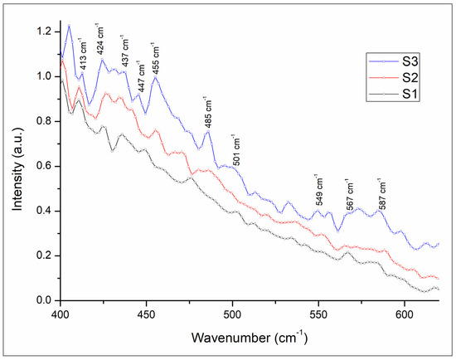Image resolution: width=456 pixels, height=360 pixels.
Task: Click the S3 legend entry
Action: (x=394, y=61)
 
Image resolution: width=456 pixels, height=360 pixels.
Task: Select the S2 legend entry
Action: (x=394, y=78)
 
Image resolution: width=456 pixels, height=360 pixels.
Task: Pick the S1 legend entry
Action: (x=394, y=94)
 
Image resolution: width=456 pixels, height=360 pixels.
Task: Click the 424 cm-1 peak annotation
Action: (x=100, y=39)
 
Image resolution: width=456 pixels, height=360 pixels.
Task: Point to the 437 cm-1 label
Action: (x=125, y=51)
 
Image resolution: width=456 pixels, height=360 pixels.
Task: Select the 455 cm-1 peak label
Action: (x=155, y=58)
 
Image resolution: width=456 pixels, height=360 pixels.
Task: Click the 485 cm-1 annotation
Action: (x=207, y=112)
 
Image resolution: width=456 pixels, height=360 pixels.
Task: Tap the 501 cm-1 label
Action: (x=236, y=149)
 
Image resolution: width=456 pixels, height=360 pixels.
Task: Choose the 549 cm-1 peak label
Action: (x=318, y=190)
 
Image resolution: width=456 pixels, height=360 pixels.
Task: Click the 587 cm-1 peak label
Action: (x=382, y=193)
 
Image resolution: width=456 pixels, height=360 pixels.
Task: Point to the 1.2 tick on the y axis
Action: (x=44, y=32)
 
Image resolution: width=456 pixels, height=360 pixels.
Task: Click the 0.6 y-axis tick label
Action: (x=44, y=166)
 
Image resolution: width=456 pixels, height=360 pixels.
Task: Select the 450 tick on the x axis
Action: (x=146, y=315)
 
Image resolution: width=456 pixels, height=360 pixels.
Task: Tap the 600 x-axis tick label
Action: (x=405, y=315)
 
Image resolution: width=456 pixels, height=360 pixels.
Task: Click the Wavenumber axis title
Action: (x=250, y=338)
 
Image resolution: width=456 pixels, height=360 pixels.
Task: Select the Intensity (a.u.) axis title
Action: (x=17, y=168)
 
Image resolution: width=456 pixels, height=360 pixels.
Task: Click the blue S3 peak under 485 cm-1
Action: (x=208, y=132)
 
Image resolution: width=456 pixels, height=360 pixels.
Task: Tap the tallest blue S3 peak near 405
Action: (x=69, y=26)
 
